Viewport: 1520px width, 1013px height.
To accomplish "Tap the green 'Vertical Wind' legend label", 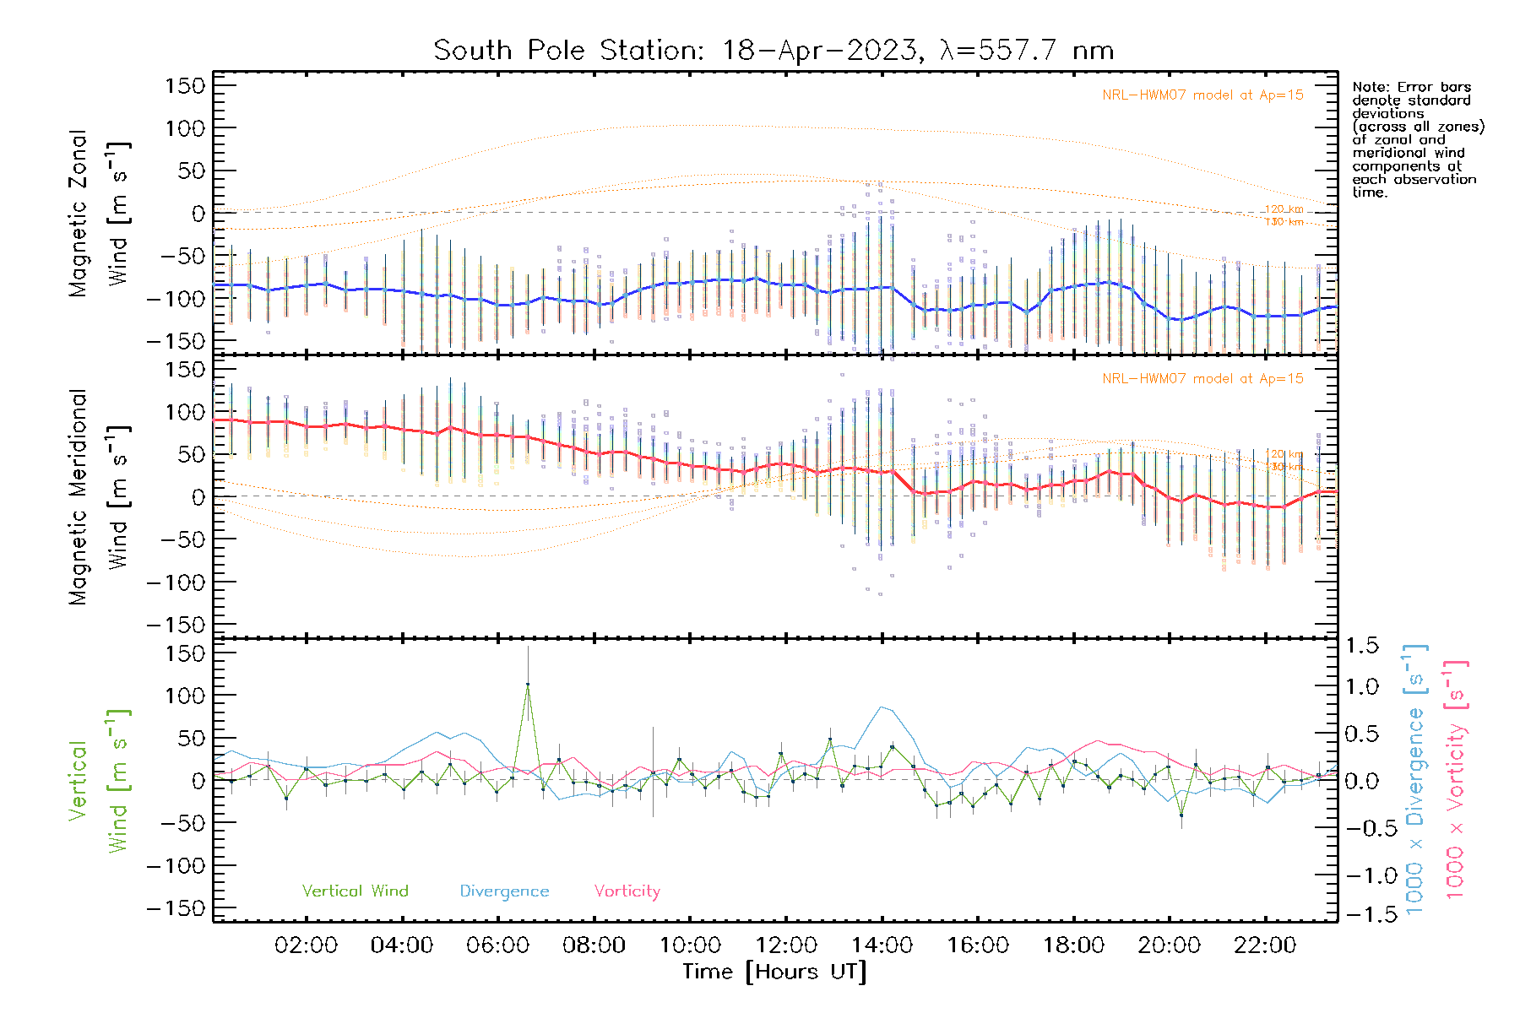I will [355, 891].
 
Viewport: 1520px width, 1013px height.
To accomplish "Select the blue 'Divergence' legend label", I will [504, 891].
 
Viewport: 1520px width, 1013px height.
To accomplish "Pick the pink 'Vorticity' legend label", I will [627, 891].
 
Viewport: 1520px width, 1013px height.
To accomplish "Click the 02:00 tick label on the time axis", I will [306, 945].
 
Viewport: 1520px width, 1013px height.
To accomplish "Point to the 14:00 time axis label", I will [882, 945].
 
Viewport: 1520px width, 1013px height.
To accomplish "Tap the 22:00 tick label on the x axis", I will [1265, 945].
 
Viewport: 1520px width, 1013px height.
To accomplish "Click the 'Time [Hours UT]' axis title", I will [774, 972].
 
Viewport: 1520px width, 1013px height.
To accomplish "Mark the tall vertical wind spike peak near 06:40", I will [528, 685].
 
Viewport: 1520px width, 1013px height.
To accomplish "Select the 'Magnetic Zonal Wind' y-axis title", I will [99, 214].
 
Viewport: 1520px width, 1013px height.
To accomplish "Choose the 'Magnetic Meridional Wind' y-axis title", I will [99, 497].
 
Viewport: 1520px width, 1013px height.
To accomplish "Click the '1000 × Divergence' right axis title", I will [1414, 779].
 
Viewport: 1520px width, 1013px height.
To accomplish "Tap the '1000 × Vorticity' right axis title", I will [1455, 779].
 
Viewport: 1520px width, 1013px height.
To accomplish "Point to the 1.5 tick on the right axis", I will [1362, 646].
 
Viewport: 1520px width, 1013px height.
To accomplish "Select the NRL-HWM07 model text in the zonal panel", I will [1202, 95].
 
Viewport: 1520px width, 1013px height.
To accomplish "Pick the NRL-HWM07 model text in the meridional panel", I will [1202, 379].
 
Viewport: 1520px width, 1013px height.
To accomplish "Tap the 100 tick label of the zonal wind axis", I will [186, 128].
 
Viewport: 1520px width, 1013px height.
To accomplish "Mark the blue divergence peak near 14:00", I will [882, 707].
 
